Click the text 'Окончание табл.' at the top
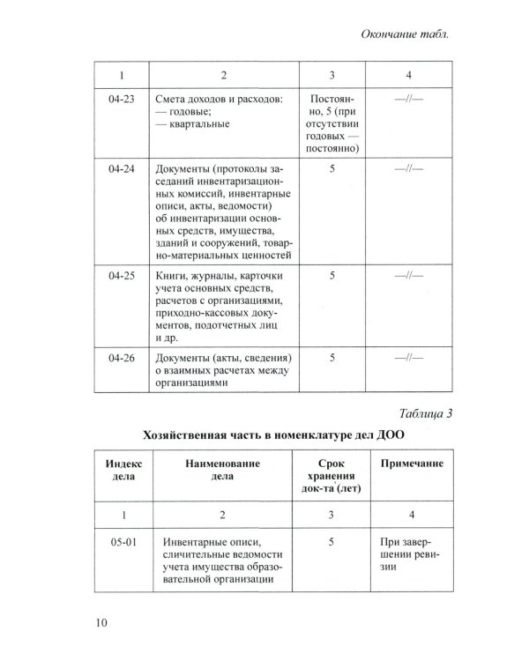tap(406, 35)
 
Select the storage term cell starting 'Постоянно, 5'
tap(332, 124)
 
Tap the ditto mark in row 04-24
tap(410, 167)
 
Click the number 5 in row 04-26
tap(332, 358)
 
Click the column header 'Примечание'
tap(411, 463)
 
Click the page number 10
tap(101, 625)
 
